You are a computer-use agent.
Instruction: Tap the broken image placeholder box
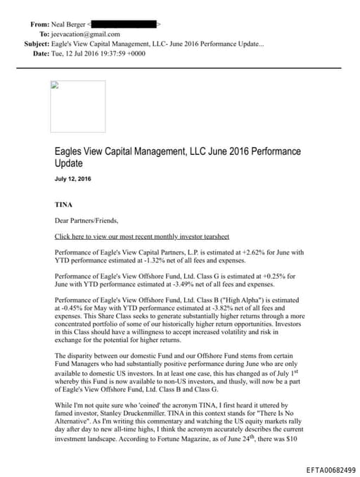pos(77,106)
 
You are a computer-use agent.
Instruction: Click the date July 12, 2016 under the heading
pos(73,179)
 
